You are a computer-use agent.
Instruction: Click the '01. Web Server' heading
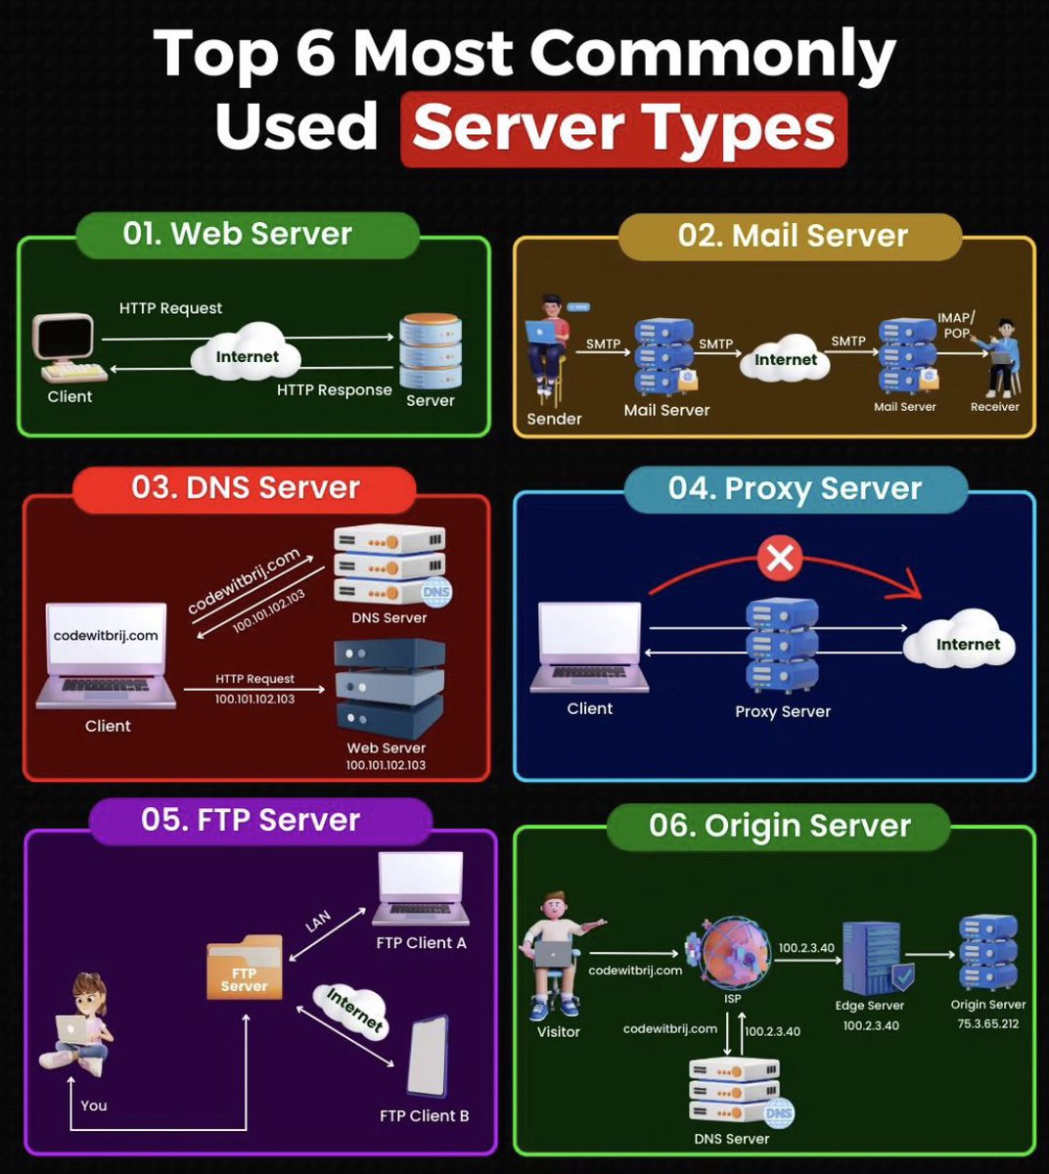pos(237,234)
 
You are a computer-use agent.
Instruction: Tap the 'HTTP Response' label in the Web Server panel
pos(334,389)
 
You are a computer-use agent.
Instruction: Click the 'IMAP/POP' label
pos(956,325)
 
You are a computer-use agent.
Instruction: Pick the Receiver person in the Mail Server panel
pos(1001,357)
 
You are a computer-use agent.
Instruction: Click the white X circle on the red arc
pos(780,559)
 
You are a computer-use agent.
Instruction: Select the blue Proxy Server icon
pos(782,646)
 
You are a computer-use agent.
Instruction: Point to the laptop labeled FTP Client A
pos(421,889)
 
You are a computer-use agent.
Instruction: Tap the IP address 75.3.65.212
pos(987,1024)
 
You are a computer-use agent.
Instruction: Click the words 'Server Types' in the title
pos(623,128)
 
